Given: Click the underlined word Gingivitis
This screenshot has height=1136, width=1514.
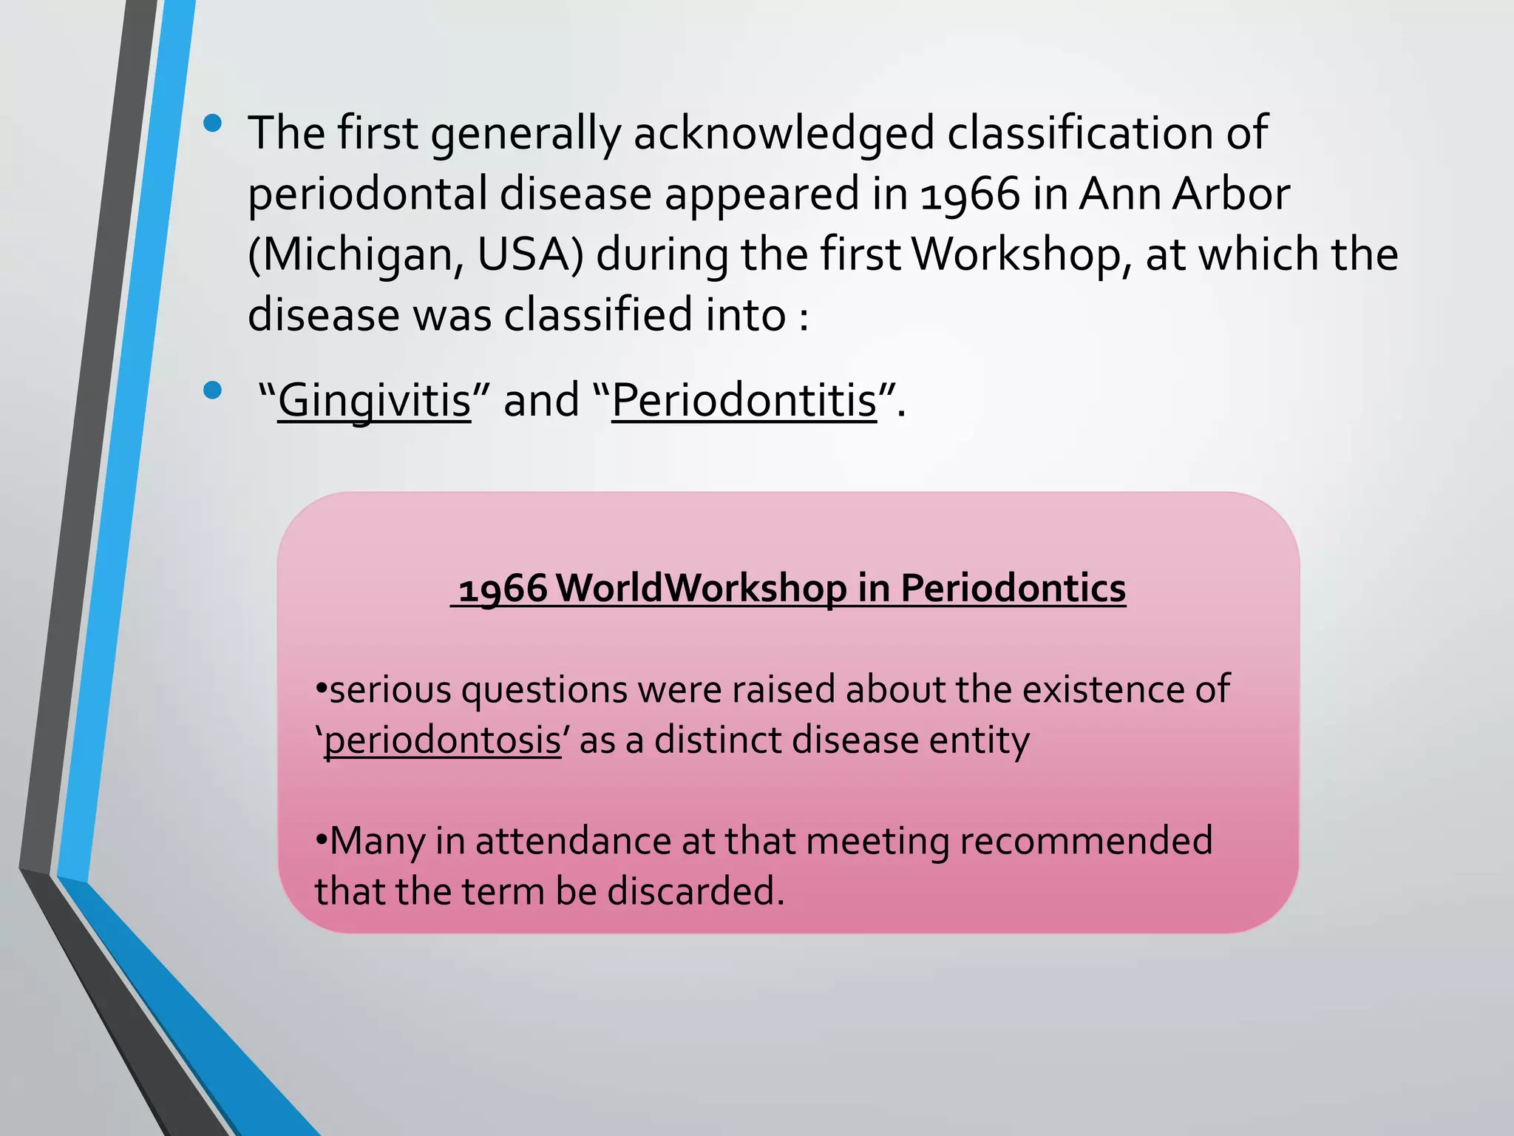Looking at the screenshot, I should click(x=373, y=402).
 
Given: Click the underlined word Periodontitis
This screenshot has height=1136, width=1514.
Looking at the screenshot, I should click(x=744, y=402).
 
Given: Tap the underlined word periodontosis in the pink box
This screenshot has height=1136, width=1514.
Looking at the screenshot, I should click(x=442, y=740).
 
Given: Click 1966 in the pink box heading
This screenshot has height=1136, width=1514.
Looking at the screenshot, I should click(x=503, y=589).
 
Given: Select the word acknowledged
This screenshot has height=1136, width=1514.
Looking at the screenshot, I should click(x=784, y=134).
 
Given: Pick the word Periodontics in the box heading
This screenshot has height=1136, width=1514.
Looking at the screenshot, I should click(x=1013, y=589).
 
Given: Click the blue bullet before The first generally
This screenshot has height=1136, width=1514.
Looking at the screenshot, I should click(x=213, y=123).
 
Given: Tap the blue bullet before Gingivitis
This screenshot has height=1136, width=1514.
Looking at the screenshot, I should click(x=213, y=390).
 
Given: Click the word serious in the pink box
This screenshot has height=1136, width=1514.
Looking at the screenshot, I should click(x=390, y=689).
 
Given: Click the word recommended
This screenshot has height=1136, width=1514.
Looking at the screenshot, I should click(x=1086, y=841).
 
